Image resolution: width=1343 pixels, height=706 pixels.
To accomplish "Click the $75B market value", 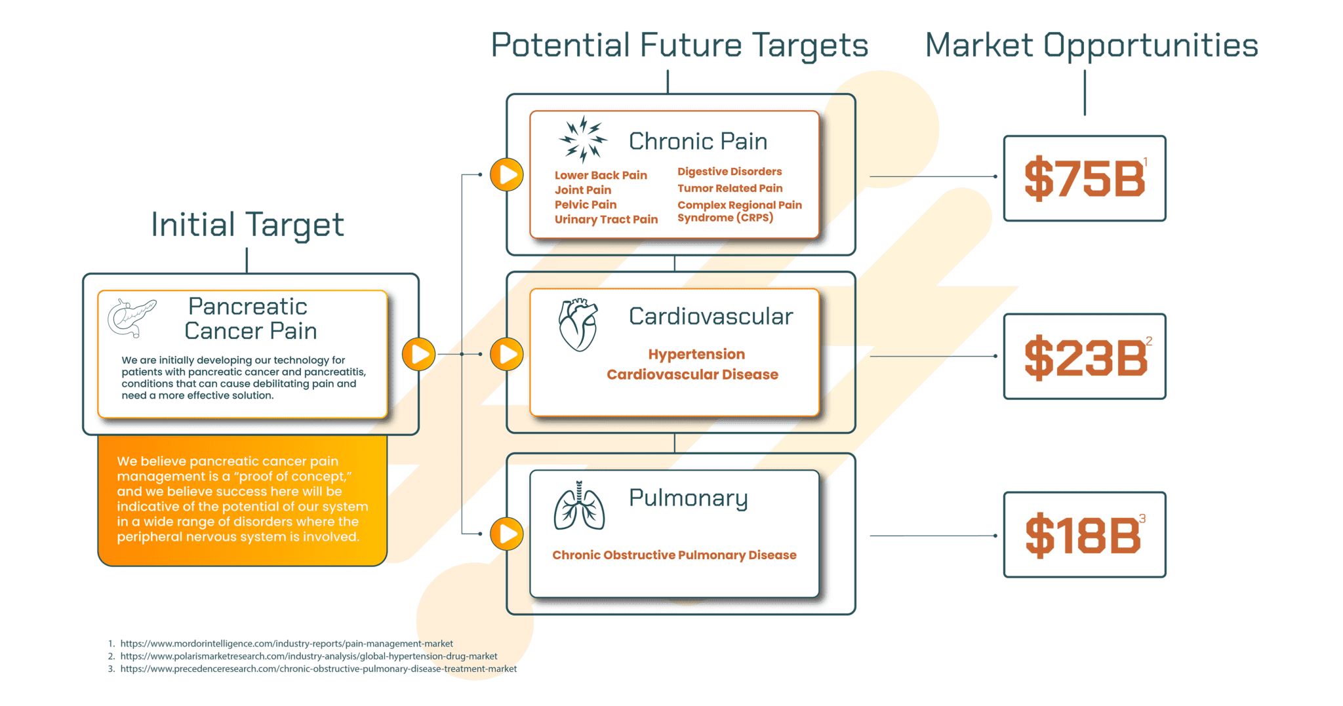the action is (x=1085, y=178).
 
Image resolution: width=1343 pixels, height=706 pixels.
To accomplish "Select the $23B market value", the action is (x=1086, y=357).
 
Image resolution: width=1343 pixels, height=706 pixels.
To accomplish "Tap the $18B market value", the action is (x=1083, y=536).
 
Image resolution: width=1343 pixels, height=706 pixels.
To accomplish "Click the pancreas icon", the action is (x=132, y=318).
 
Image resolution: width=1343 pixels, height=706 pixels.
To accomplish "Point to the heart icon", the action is (x=578, y=324).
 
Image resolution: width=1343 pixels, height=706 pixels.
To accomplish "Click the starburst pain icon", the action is (x=583, y=139).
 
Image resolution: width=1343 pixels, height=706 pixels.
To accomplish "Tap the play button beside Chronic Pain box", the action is (x=507, y=175).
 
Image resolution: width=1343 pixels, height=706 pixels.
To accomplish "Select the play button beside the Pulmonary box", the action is (x=507, y=534).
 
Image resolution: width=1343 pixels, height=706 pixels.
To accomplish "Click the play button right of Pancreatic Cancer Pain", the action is (x=419, y=354).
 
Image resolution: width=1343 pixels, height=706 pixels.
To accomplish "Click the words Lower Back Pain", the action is (x=601, y=175).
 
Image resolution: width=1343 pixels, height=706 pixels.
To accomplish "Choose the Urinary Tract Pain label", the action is (x=606, y=220).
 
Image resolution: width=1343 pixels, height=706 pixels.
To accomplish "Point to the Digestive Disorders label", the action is (x=729, y=172).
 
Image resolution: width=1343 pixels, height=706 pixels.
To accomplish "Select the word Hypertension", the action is (x=696, y=355).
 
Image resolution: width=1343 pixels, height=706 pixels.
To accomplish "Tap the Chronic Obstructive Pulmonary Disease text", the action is (x=674, y=555).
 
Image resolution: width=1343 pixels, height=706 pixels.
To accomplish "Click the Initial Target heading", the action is (x=247, y=225).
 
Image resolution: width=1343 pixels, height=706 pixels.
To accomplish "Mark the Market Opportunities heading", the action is (x=1091, y=46).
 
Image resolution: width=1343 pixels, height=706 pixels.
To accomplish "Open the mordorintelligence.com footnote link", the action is (x=287, y=644).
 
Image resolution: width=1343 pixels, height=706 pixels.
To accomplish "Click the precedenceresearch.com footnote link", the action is (x=319, y=669).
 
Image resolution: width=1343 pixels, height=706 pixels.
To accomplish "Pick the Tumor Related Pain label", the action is (x=730, y=188).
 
